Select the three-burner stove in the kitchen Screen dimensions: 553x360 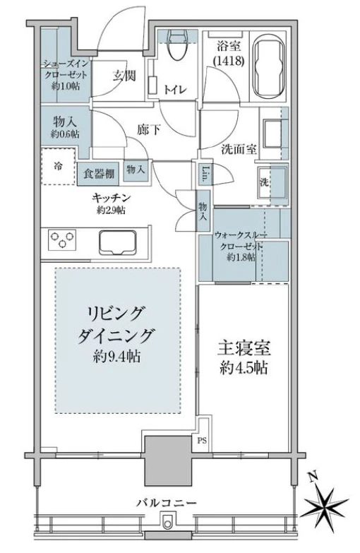tap(61, 242)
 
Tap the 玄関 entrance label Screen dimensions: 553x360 tap(126, 76)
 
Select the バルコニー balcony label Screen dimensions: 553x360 tap(167, 503)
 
